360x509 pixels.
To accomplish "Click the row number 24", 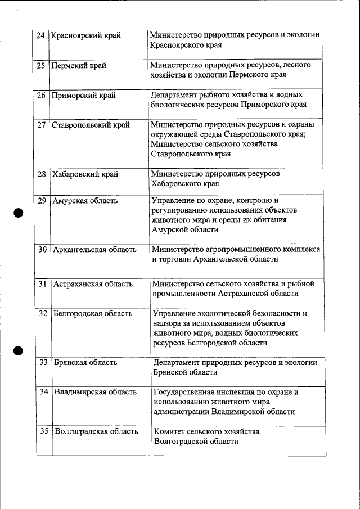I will pyautogui.click(x=40, y=35).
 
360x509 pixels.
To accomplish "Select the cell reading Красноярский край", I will pyautogui.click(x=85, y=35).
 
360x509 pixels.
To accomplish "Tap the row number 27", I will pyautogui.click(x=41, y=125).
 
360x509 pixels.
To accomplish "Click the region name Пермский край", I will pyautogui.click(x=79, y=65).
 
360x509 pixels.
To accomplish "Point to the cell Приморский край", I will pyautogui.click(x=84, y=95).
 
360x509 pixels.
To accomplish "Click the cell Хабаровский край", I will pyautogui.click(x=85, y=174).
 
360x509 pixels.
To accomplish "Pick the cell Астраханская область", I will pyautogui.click(x=93, y=284).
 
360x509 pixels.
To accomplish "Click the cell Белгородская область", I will pyautogui.click(x=93, y=313).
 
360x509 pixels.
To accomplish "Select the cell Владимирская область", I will pyautogui.click(x=95, y=392).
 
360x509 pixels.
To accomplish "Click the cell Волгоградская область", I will pyautogui.click(x=96, y=431).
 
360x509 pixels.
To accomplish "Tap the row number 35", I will pyautogui.click(x=44, y=431).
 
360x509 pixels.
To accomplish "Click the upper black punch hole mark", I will pyautogui.click(x=19, y=212).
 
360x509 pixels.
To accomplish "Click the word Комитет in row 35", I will pyautogui.click(x=171, y=431).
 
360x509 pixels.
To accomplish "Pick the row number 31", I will pyautogui.click(x=42, y=284).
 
